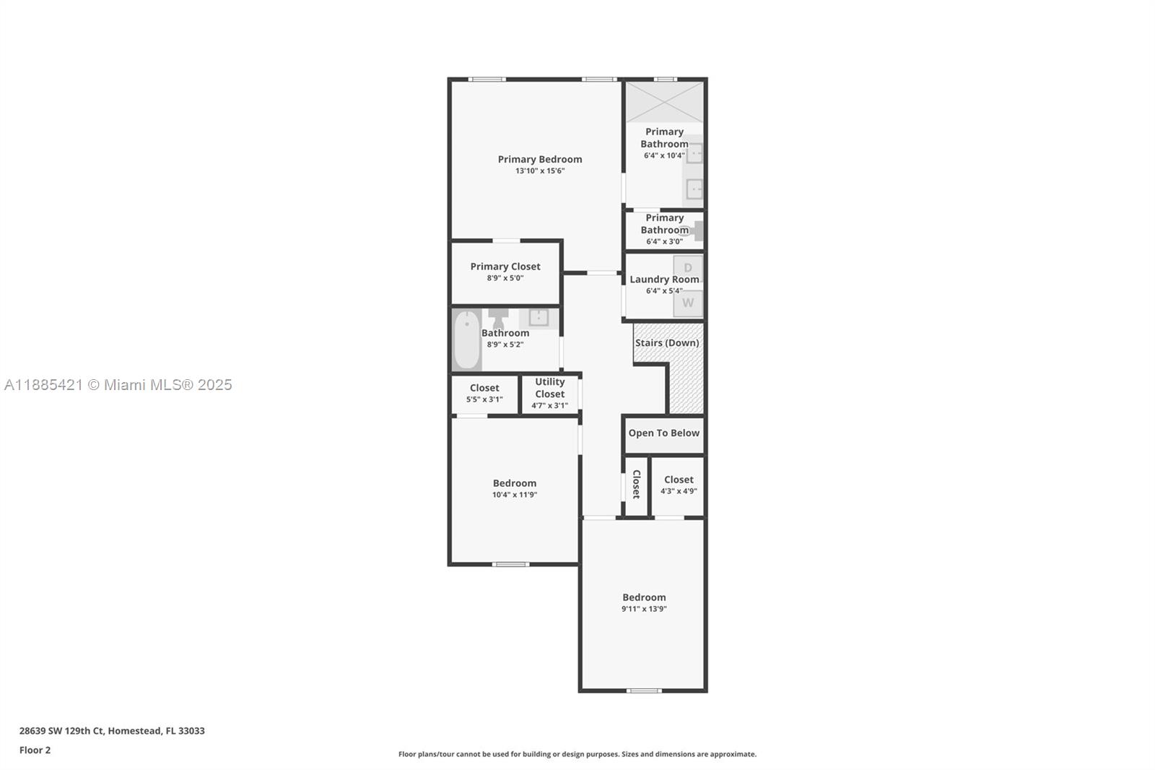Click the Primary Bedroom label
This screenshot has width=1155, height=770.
[539, 159]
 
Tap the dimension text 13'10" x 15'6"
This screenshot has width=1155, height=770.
[539, 171]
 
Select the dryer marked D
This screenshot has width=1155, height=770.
[688, 268]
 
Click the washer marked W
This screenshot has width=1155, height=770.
[688, 303]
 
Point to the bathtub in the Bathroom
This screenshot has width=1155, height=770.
[467, 339]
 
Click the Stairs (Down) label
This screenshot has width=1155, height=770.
[666, 342]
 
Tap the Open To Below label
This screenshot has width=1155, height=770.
[663, 433]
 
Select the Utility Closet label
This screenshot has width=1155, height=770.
[549, 388]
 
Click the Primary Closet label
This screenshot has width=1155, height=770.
[505, 267]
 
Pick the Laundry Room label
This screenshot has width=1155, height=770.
[663, 280]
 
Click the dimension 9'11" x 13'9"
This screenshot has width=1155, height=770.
[644, 609]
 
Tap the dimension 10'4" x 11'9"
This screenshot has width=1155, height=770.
[514, 495]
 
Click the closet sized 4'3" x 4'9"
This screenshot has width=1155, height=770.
[678, 485]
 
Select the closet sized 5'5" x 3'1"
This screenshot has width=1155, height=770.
[484, 393]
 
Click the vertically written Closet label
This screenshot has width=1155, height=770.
[636, 484]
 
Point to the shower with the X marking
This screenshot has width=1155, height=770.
[664, 102]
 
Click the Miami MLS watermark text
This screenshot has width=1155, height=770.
[118, 385]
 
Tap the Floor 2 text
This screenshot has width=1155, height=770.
[35, 750]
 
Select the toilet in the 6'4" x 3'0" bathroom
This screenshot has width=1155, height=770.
[696, 230]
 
